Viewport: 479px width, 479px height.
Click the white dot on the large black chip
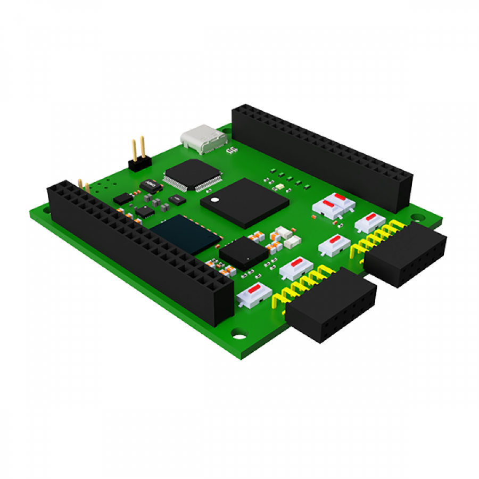(214, 201)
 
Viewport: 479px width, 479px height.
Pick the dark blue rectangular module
(186, 234)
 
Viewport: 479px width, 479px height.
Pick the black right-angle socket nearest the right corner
(406, 254)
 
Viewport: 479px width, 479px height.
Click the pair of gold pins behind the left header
(84, 185)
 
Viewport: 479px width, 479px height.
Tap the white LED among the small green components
(278, 187)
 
